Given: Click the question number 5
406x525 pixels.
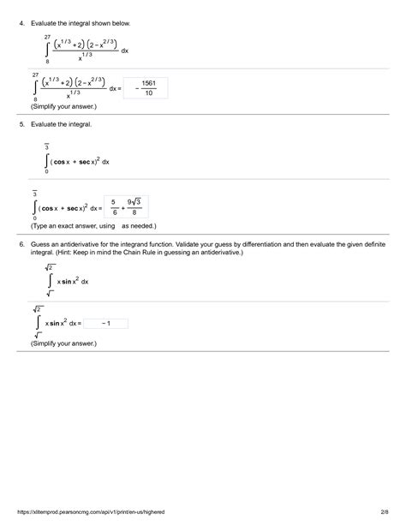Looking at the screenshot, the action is point(21,125).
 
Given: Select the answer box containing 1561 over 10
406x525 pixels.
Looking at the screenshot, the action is point(145,88).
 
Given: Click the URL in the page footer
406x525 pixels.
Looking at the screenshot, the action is point(86,511).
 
